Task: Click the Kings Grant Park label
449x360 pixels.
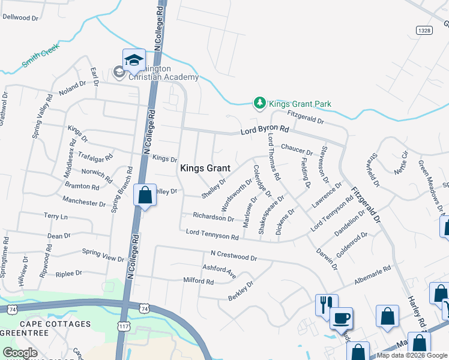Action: point(300,104)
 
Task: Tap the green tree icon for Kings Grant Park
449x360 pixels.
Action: point(259,104)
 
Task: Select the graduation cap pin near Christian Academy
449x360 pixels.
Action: point(134,61)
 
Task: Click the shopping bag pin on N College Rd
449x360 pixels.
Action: point(145,196)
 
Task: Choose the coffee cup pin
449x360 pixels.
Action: point(341,319)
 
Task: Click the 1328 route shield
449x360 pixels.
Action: point(424,29)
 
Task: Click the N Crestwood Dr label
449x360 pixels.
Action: point(234,256)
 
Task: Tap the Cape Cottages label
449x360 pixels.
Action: point(46,324)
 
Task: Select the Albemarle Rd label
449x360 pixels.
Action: point(373,271)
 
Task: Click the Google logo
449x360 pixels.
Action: point(20,353)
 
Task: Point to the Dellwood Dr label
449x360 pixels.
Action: point(20,17)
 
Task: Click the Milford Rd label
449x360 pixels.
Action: point(199,281)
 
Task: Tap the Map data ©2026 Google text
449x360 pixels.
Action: point(412,355)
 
